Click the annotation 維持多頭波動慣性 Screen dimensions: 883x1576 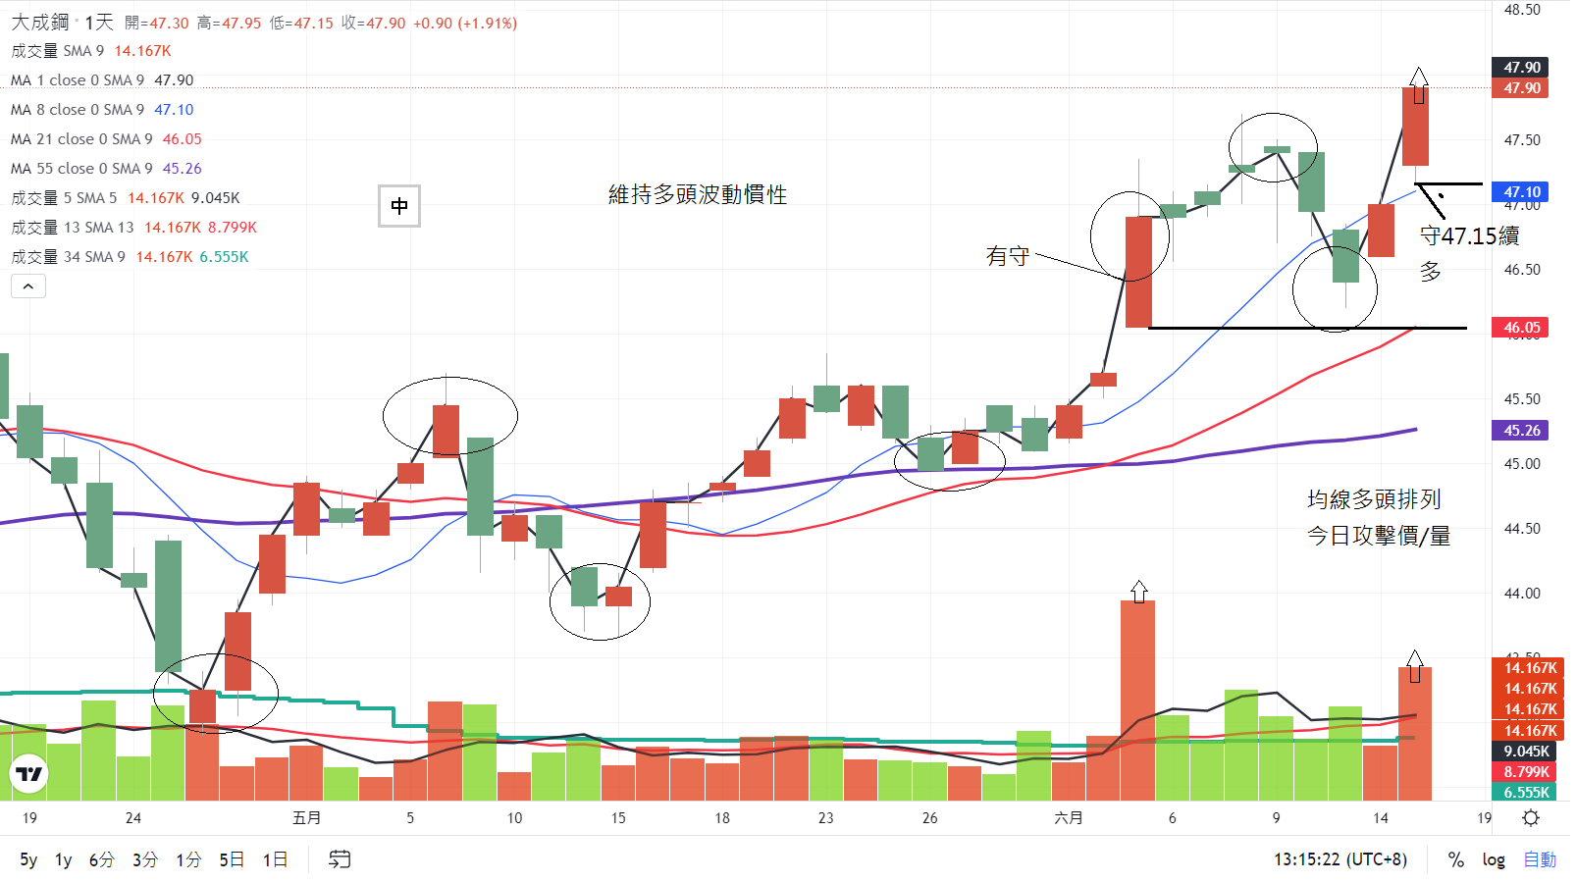pos(697,194)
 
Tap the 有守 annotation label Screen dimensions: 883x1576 pos(1007,256)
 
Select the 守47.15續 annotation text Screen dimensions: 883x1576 pos(1469,235)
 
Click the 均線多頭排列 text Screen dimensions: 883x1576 pos(1373,499)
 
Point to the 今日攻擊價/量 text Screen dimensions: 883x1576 pos(1378,536)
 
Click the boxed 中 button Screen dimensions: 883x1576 pos(399,206)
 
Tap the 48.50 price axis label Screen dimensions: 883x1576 pos(1522,10)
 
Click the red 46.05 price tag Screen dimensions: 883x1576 pos(1521,328)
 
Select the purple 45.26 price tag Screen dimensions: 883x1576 pos(1521,431)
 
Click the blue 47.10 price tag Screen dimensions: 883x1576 pos(1521,192)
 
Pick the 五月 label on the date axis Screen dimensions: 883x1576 pos(306,817)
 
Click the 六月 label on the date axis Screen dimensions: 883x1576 pos(1068,817)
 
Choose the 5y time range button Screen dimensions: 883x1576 pos(28,859)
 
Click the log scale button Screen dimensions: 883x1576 pos(1493,859)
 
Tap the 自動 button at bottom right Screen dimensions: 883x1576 pos(1540,859)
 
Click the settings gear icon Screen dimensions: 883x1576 pos(1531,817)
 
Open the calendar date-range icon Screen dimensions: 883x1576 pos(339,859)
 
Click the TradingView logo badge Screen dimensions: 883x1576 pos(29,774)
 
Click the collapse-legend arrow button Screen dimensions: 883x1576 pos(28,286)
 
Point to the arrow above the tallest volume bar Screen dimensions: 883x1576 pos(1138,591)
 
